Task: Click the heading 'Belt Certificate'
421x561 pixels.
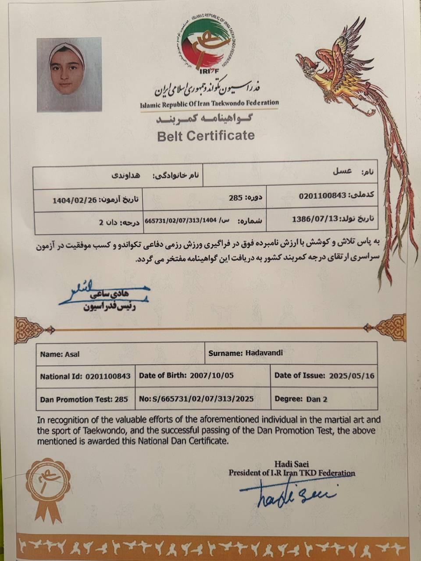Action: tap(206, 135)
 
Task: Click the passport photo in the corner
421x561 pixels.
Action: tap(69, 74)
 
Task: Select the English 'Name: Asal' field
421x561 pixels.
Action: tap(60, 354)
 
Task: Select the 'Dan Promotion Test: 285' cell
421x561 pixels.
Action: tap(84, 399)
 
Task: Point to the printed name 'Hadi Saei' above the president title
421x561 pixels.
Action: tap(291, 464)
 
